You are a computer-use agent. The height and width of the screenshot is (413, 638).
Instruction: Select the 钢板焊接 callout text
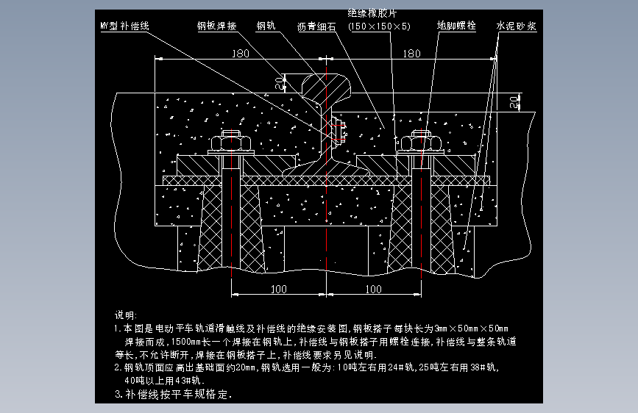coord(217,26)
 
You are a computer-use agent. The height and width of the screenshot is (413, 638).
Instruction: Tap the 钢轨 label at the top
coord(266,26)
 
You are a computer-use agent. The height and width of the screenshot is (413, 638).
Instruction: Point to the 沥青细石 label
coord(318,26)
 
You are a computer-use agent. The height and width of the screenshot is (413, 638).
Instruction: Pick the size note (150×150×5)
coord(380,26)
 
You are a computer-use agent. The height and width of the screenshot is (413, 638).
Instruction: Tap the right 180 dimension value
coord(412,54)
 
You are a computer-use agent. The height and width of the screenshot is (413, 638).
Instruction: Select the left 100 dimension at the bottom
coord(278,289)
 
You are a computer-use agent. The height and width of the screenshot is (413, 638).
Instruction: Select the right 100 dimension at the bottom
coord(374,289)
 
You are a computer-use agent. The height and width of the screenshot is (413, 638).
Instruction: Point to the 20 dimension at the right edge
coord(515,101)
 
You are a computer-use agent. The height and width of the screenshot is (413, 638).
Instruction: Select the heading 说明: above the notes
coord(127,315)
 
